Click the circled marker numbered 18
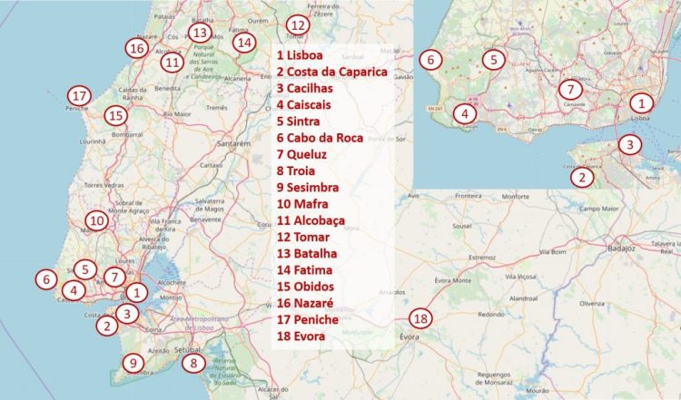tap(419, 318)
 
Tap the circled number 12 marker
tap(297, 25)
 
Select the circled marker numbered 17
tap(80, 96)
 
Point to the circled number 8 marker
tap(192, 363)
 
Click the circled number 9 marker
tap(133, 364)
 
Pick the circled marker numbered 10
tap(96, 220)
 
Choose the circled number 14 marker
tap(242, 42)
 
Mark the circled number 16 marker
tap(137, 48)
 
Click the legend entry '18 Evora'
tap(309, 337)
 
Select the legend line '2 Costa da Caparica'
tap(332, 72)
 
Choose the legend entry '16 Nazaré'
tap(309, 304)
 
